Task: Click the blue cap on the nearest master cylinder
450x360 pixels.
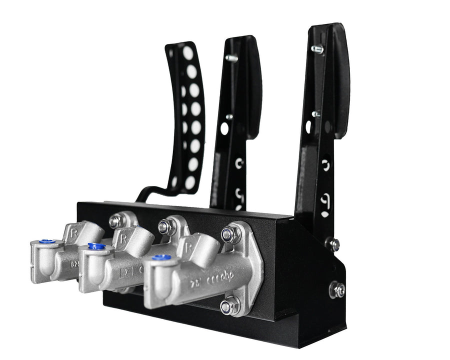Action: pyautogui.click(x=161, y=257)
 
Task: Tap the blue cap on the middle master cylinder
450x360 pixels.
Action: pyautogui.click(x=96, y=246)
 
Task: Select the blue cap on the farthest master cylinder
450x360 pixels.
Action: pyautogui.click(x=47, y=241)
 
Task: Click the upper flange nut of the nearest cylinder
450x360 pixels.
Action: pyautogui.click(x=230, y=233)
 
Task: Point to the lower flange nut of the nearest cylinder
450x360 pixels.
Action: pyautogui.click(x=229, y=305)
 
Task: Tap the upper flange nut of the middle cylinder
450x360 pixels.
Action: pyautogui.click(x=166, y=227)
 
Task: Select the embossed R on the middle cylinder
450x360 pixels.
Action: pyautogui.click(x=123, y=239)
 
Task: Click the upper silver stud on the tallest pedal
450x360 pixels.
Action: pyautogui.click(x=317, y=49)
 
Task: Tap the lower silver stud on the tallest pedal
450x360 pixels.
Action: pyautogui.click(x=316, y=114)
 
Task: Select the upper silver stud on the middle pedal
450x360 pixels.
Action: pyautogui.click(x=231, y=58)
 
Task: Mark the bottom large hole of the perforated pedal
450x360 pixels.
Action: pyautogui.click(x=190, y=182)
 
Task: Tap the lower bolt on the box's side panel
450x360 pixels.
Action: pyautogui.click(x=337, y=289)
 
